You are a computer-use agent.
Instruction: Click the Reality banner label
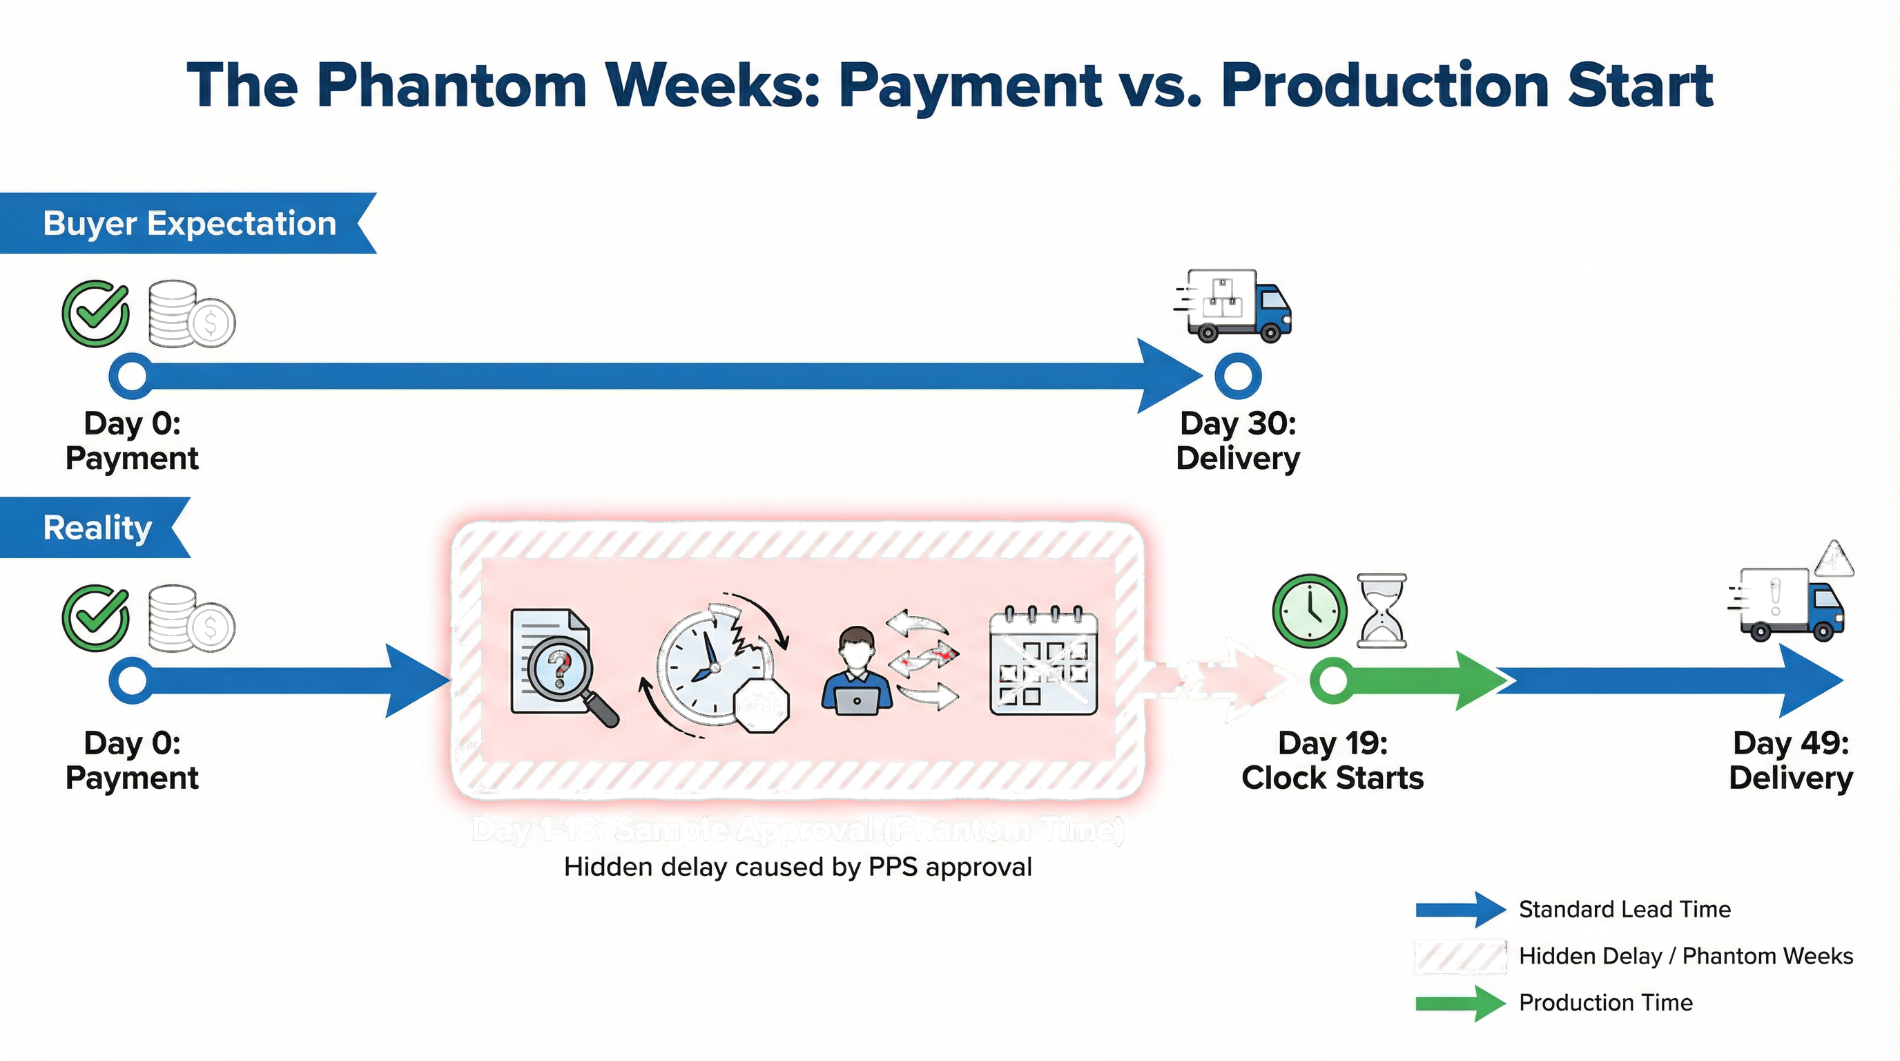click(97, 528)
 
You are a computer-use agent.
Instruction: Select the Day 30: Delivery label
click(1238, 441)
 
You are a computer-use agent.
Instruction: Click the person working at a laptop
click(855, 672)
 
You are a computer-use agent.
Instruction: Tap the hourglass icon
click(1382, 611)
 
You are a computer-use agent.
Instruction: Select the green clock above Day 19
click(1309, 611)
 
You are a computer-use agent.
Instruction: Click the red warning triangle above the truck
click(1834, 559)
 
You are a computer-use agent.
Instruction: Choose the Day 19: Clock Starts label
click(1332, 760)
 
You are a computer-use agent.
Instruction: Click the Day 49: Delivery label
click(1790, 760)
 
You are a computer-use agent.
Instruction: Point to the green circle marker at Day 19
click(1332, 680)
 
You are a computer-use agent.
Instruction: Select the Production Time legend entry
click(1605, 1002)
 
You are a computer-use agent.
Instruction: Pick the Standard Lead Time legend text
click(1624, 909)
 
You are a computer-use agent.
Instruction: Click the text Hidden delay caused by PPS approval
click(797, 867)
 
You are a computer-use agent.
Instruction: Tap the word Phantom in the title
click(451, 86)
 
